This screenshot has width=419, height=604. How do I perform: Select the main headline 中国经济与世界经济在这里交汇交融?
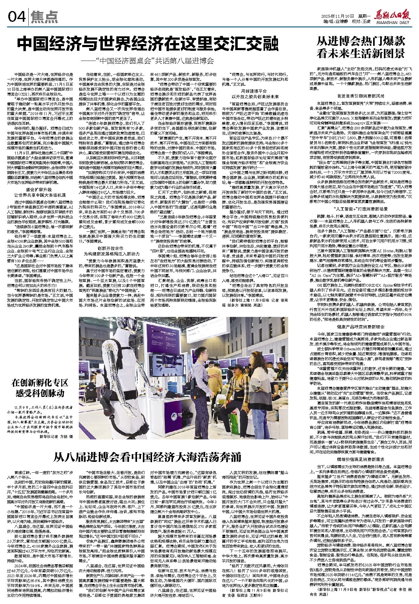(147, 44)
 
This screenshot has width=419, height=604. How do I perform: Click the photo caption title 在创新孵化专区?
(40, 383)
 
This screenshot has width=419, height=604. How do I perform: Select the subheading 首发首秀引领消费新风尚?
(361, 96)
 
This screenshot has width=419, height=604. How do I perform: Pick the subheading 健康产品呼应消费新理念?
(361, 326)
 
